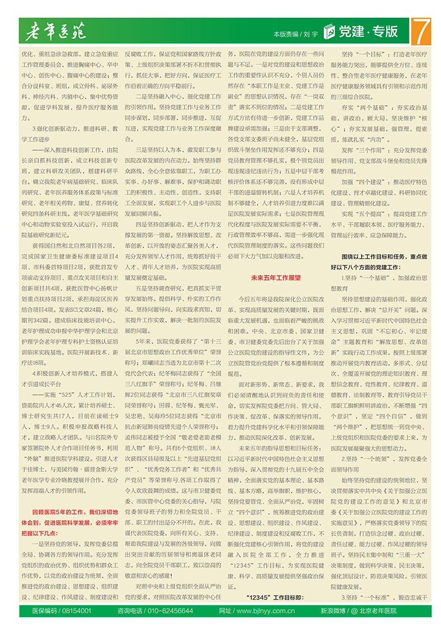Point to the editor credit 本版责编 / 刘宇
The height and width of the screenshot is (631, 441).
(295, 33)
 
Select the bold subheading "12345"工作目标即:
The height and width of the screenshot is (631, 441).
(275, 596)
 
